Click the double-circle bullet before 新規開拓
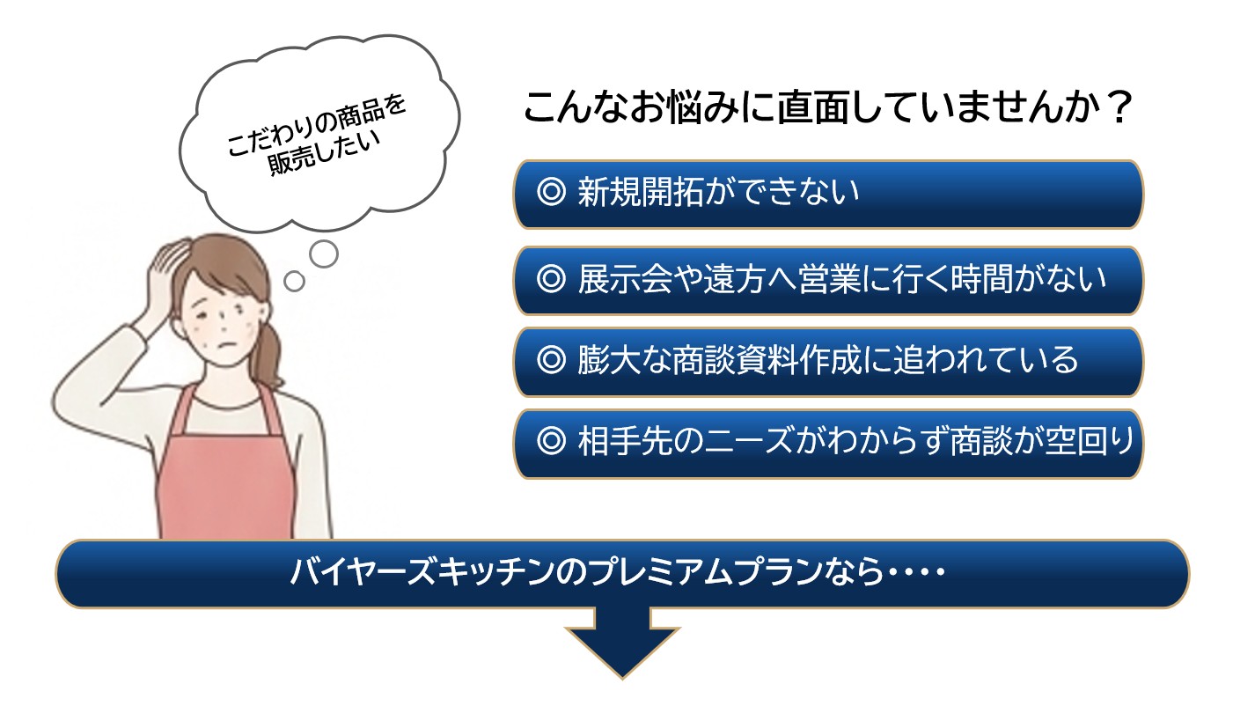pos(551,192)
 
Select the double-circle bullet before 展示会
pos(551,278)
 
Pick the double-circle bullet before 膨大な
pos(551,359)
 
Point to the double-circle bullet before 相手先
pos(551,441)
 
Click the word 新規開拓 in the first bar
pos(641,192)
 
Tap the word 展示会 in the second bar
pos(625,278)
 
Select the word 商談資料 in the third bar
pos(735,359)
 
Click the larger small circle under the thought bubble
pos(324,254)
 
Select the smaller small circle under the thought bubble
pos(294,281)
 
